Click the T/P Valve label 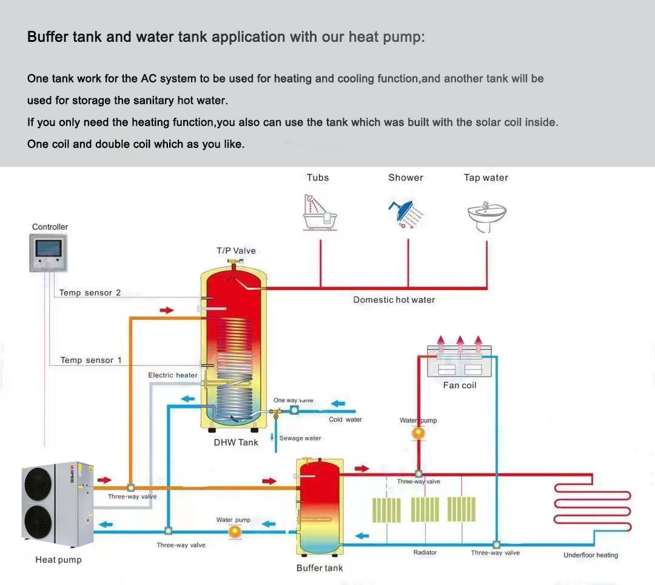click(236, 251)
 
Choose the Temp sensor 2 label click(90, 293)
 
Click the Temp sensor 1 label click(91, 360)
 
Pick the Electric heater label click(173, 376)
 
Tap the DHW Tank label click(236, 442)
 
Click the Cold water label click(345, 419)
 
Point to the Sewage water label click(300, 438)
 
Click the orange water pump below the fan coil click(418, 433)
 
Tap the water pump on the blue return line click(234, 532)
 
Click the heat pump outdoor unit click(58, 504)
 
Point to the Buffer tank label click(320, 568)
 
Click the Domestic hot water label click(394, 300)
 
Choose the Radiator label click(425, 552)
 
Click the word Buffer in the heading click(47, 37)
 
